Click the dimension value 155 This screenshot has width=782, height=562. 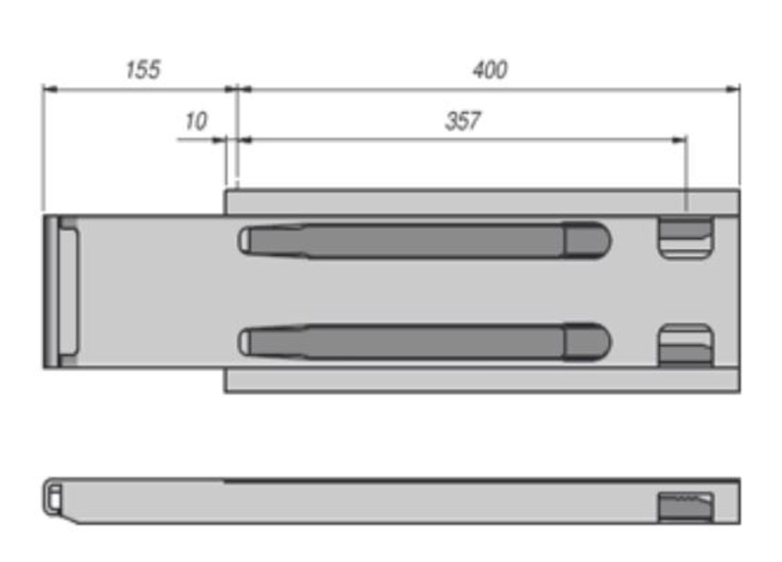click(143, 70)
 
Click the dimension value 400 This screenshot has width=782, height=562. click(490, 70)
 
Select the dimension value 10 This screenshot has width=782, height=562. click(196, 121)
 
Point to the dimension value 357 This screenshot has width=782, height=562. click(463, 121)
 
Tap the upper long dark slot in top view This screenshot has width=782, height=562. click(424, 241)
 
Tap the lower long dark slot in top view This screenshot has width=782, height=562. click(424, 342)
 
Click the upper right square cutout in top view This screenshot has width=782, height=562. click(686, 238)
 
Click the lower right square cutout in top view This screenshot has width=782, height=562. click(686, 345)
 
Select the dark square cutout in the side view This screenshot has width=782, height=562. click(686, 506)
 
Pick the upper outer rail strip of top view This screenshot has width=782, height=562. click(481, 202)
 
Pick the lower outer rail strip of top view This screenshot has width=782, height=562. click(481, 380)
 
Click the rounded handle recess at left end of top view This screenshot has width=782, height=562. click(68, 291)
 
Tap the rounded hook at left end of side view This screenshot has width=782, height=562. click(53, 498)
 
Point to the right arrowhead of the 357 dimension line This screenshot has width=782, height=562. click(679, 140)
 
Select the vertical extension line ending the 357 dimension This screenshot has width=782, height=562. click(686, 175)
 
